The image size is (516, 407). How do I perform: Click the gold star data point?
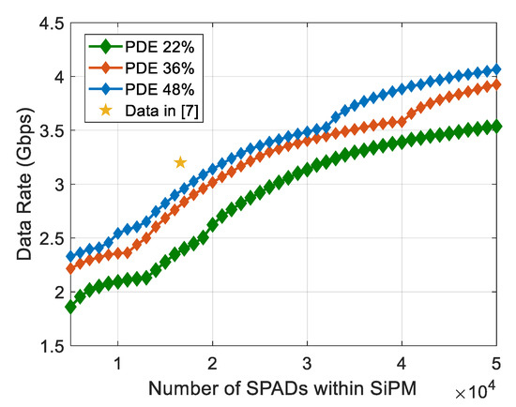click(180, 162)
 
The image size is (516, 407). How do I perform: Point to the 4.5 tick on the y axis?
click(46, 23)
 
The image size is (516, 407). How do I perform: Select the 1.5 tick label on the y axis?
click(46, 346)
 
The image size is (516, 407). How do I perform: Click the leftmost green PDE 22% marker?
click(71, 307)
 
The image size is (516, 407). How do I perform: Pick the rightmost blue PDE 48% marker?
click(496, 69)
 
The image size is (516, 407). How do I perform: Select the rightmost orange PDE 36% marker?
click(496, 84)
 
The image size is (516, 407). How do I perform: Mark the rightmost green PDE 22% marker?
click(496, 126)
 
